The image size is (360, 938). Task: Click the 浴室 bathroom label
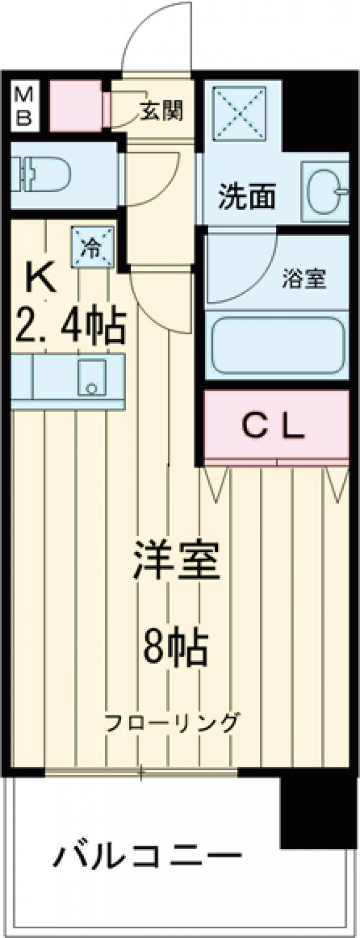pyautogui.click(x=304, y=280)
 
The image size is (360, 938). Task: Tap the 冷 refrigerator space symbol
pyautogui.click(x=93, y=246)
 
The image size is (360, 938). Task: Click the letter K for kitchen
pyautogui.click(x=41, y=278)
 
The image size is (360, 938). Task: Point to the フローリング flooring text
pyautogui.click(x=172, y=723)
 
